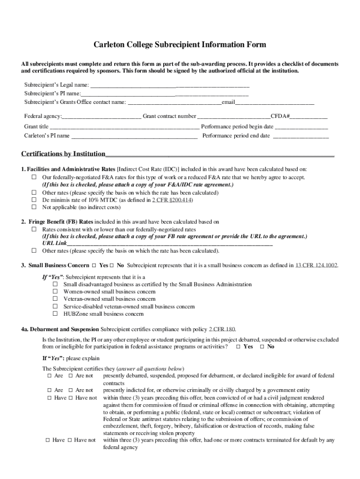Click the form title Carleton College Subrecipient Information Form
(180, 45)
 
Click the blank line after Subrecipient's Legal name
(169, 86)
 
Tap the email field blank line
(274, 102)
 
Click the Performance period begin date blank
(302, 127)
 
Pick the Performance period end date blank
(301, 136)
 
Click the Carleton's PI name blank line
(134, 136)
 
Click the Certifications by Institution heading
(64, 154)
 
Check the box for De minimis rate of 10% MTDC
(34, 200)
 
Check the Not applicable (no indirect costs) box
(34, 207)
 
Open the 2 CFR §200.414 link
(172, 200)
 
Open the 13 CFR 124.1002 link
(316, 265)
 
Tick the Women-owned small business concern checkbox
(55, 291)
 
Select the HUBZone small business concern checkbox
(55, 314)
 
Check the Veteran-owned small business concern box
(55, 299)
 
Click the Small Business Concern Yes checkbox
(94, 265)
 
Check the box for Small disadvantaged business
(55, 284)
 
